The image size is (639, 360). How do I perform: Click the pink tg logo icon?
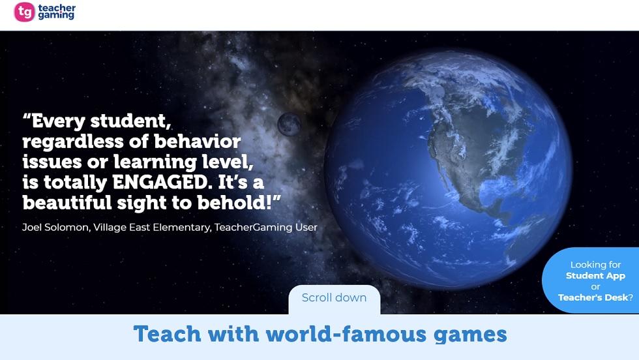click(x=25, y=12)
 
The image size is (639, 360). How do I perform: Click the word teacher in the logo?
click(x=57, y=8)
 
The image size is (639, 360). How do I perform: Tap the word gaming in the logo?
click(x=56, y=16)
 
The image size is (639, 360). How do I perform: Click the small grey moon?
click(x=289, y=124)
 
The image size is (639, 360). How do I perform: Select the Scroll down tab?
click(x=334, y=299)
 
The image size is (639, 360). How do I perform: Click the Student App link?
click(x=595, y=276)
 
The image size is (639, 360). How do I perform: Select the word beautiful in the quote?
click(x=67, y=203)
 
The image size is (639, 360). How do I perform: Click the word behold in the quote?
click(x=232, y=203)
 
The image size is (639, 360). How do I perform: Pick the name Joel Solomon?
click(x=56, y=227)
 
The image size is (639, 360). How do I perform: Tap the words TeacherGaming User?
click(x=266, y=227)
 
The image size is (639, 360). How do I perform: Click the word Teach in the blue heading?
click(x=167, y=334)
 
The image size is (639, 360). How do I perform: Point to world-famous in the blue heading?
click(x=346, y=334)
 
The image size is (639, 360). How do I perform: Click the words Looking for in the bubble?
click(x=595, y=265)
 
